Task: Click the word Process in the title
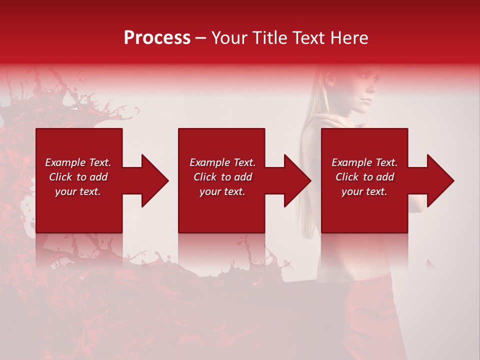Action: (x=157, y=38)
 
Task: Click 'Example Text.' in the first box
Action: (x=78, y=162)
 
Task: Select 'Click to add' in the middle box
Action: (x=222, y=177)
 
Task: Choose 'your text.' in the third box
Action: (x=364, y=191)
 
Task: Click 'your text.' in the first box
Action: (x=78, y=191)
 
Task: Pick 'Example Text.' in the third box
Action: (x=364, y=162)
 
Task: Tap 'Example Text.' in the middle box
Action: (x=222, y=162)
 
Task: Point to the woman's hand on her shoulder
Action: (x=330, y=120)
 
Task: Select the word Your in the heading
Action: (x=229, y=38)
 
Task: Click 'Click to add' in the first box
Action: (x=78, y=177)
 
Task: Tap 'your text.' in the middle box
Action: (x=222, y=191)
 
